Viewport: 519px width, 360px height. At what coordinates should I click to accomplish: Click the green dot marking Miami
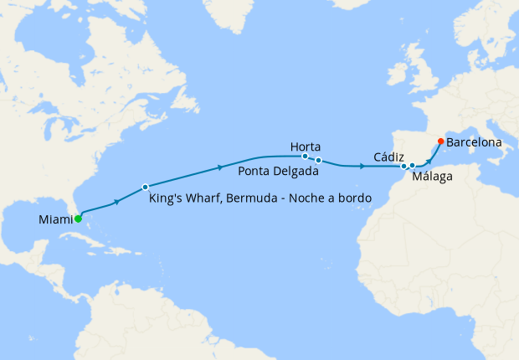coord(78,219)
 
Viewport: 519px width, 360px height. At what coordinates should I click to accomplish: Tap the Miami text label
coord(55,220)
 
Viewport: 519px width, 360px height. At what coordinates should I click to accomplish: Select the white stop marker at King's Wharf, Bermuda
coord(145,187)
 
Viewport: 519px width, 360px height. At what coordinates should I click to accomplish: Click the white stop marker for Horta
coord(306,156)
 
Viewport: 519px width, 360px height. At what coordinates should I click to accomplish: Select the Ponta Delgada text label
coord(277,172)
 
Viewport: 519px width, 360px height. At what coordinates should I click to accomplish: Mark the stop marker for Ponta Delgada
coord(319,159)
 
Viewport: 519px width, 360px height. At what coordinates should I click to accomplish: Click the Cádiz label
coord(389,157)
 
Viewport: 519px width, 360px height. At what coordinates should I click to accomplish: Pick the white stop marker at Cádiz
coord(403,166)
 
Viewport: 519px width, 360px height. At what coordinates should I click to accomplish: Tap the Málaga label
coord(433,177)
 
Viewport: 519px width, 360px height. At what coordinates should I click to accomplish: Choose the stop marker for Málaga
coord(412,167)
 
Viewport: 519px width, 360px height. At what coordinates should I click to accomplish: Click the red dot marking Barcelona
coord(441,141)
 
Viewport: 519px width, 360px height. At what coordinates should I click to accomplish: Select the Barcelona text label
coord(474,142)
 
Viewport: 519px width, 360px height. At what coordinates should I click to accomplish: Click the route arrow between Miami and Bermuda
coord(116,201)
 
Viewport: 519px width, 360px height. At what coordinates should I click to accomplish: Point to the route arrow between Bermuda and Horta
coord(220,167)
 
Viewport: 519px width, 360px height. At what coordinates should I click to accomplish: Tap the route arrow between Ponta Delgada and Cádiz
coord(362,167)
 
